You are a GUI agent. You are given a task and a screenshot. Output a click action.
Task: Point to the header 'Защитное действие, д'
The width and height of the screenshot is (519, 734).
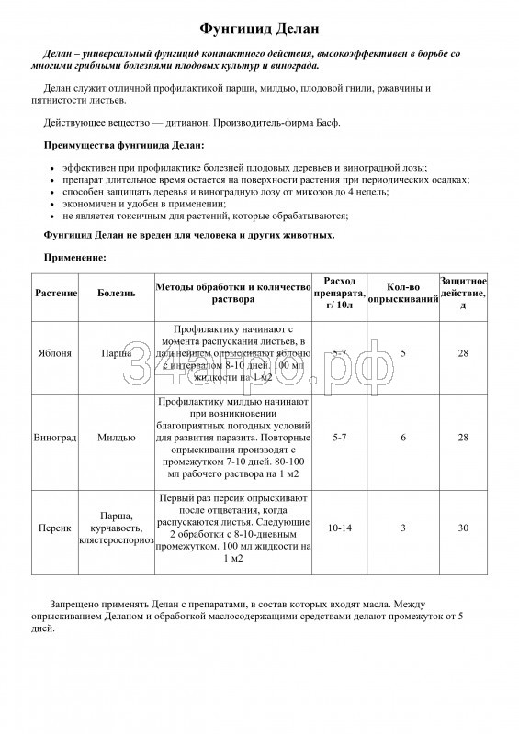click(463, 292)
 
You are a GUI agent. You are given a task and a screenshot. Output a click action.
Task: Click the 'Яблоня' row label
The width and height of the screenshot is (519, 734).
click(57, 353)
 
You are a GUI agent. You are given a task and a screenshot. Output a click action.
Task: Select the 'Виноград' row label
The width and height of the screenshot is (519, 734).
click(57, 439)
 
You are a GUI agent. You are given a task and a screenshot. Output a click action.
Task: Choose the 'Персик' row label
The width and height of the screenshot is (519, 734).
click(57, 528)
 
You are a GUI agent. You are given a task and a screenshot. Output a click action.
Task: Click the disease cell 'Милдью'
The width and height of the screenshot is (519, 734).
click(117, 439)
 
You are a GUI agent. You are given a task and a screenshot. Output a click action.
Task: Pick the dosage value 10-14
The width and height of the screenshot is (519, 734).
click(339, 528)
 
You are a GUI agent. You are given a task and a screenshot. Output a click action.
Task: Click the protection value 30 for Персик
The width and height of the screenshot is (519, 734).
click(463, 528)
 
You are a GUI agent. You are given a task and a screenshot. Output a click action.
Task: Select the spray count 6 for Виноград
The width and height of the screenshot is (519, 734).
click(402, 439)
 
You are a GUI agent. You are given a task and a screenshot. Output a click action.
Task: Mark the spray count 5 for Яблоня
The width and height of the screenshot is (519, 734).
click(402, 353)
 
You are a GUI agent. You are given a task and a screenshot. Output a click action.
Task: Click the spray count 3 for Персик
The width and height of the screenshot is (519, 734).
click(402, 528)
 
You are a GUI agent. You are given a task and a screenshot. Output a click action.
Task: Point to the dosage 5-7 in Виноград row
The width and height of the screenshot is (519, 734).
click(339, 439)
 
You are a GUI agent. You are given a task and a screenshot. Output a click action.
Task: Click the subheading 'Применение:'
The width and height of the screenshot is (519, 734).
click(76, 258)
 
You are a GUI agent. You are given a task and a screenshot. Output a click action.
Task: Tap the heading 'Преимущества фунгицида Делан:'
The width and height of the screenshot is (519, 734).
click(124, 145)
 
